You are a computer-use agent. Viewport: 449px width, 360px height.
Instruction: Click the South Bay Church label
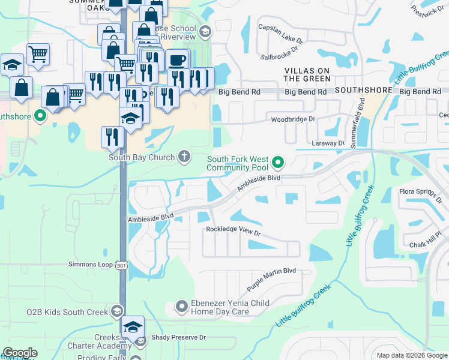[x=142, y=158]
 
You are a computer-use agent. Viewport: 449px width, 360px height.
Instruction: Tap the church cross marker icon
[x=184, y=157]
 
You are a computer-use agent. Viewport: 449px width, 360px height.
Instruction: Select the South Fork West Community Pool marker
[x=278, y=162]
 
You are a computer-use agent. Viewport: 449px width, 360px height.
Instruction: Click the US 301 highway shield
[x=122, y=265]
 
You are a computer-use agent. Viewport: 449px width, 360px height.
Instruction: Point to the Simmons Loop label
[x=90, y=265]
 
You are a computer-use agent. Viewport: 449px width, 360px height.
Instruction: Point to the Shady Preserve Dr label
[x=178, y=338]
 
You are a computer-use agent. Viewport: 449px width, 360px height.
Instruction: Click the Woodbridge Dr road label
[x=293, y=119]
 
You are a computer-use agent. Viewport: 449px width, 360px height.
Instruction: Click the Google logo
[x=20, y=353]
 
